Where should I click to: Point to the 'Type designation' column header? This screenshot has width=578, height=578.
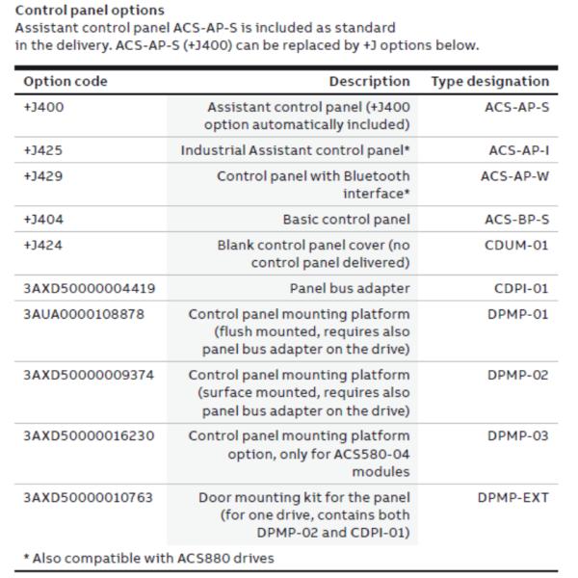(x=489, y=82)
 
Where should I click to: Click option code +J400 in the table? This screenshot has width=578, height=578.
(x=44, y=107)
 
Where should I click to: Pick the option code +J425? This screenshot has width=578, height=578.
(x=44, y=150)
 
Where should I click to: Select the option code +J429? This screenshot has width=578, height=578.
(x=44, y=176)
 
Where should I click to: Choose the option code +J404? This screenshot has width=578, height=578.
(x=44, y=220)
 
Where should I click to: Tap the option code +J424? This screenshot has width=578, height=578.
(x=44, y=245)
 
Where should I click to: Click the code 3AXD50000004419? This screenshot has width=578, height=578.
(x=89, y=288)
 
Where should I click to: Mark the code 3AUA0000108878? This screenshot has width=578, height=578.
(x=88, y=314)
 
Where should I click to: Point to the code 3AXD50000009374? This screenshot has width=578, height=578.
(x=89, y=375)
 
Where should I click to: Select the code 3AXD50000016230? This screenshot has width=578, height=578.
(x=89, y=436)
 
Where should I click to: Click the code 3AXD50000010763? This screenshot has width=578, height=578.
(x=89, y=497)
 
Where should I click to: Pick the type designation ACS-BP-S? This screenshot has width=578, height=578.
(x=515, y=220)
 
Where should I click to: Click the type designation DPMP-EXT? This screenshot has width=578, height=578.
(x=512, y=497)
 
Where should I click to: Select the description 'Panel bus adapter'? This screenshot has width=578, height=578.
(x=350, y=288)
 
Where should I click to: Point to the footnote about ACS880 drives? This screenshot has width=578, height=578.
(x=149, y=558)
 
